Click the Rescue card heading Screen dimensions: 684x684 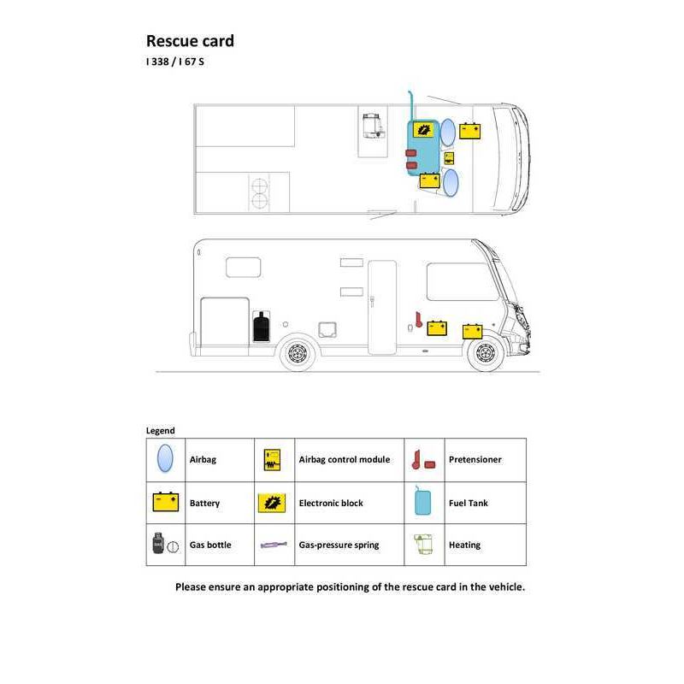coord(190,41)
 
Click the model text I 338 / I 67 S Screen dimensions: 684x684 coord(175,62)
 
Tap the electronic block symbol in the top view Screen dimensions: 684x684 coord(423,130)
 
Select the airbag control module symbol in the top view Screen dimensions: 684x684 coord(449,158)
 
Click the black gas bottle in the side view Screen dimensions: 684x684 coord(262,327)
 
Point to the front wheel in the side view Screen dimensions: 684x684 coord(486,352)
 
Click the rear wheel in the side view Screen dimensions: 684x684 coord(298,352)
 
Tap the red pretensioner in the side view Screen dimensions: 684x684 coord(418,319)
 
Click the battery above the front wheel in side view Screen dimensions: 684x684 coord(472,332)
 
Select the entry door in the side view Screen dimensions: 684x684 coord(382,307)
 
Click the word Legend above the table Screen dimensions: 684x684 coord(161,431)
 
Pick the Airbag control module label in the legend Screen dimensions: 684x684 coord(345,459)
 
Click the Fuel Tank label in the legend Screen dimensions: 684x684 coord(468,503)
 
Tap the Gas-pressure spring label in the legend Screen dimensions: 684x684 coord(339,545)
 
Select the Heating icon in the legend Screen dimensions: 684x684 coord(423,544)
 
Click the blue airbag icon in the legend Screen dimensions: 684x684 coord(165,458)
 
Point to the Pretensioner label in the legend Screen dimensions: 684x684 coord(475,459)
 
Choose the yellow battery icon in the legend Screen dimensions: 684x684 coord(166,502)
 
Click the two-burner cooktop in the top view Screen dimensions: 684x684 coord(260,193)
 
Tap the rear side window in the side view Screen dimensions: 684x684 coord(244,268)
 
